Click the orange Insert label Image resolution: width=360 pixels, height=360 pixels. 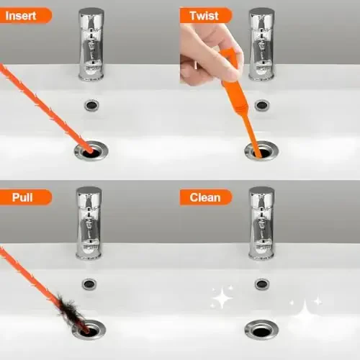[x=25, y=15]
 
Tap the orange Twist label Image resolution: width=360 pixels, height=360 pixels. [x=205, y=15]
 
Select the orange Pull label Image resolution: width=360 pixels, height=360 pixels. [x=22, y=196]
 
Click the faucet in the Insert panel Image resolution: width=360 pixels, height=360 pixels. [x=91, y=43]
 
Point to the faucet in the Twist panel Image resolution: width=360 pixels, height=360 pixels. [x=262, y=43]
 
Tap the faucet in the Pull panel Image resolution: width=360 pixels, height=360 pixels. [x=89, y=223]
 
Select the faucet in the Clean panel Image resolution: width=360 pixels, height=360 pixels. [x=261, y=223]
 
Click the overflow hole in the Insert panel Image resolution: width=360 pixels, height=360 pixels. [x=91, y=105]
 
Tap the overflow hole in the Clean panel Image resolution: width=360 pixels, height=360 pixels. [x=262, y=284]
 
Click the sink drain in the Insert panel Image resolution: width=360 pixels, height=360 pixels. [x=91, y=151]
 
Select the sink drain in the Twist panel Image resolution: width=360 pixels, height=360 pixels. [x=261, y=150]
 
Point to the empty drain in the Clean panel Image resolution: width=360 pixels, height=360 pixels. [x=261, y=330]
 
